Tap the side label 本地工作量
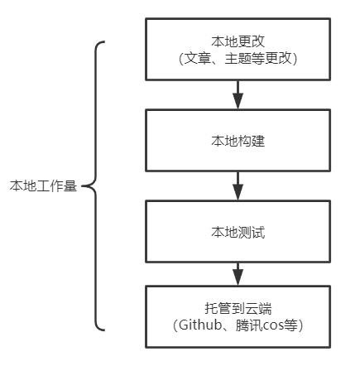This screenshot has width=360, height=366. [43, 185]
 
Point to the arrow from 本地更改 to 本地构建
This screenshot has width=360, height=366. [238, 94]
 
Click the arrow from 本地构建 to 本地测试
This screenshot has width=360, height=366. [238, 185]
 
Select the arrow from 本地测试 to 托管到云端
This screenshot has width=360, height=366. [238, 274]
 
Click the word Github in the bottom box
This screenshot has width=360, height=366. [200, 325]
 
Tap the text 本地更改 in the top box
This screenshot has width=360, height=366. [238, 41]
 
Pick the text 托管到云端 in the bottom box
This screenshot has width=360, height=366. [238, 308]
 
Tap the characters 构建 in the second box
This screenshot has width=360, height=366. [252, 141]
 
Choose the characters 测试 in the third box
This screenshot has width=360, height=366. [252, 232]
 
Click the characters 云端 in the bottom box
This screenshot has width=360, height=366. [258, 308]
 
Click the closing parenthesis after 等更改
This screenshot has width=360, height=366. [295, 59]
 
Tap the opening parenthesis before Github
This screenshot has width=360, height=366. [175, 325]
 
